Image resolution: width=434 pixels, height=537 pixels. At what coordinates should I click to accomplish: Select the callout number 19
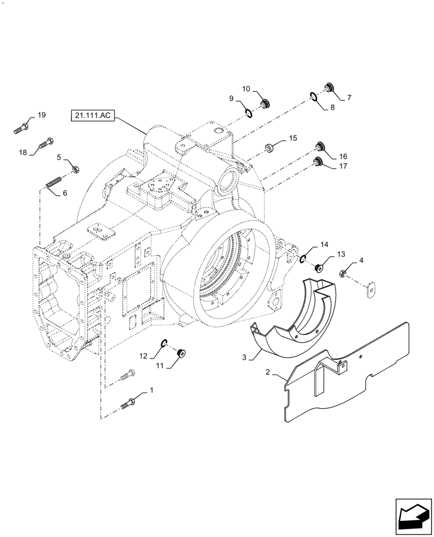pyautogui.click(x=41, y=115)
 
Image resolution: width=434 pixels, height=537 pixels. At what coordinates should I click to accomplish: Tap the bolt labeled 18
pyautogui.click(x=46, y=143)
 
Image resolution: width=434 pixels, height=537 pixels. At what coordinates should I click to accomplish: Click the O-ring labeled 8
pyautogui.click(x=313, y=96)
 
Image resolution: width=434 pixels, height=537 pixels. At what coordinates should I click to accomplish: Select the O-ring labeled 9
pyautogui.click(x=249, y=112)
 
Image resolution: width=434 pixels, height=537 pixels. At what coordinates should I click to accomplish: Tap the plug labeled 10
pyautogui.click(x=264, y=104)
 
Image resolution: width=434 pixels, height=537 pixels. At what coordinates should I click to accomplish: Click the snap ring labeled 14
pyautogui.click(x=303, y=259)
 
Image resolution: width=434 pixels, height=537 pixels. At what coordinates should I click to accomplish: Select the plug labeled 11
pyautogui.click(x=181, y=353)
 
